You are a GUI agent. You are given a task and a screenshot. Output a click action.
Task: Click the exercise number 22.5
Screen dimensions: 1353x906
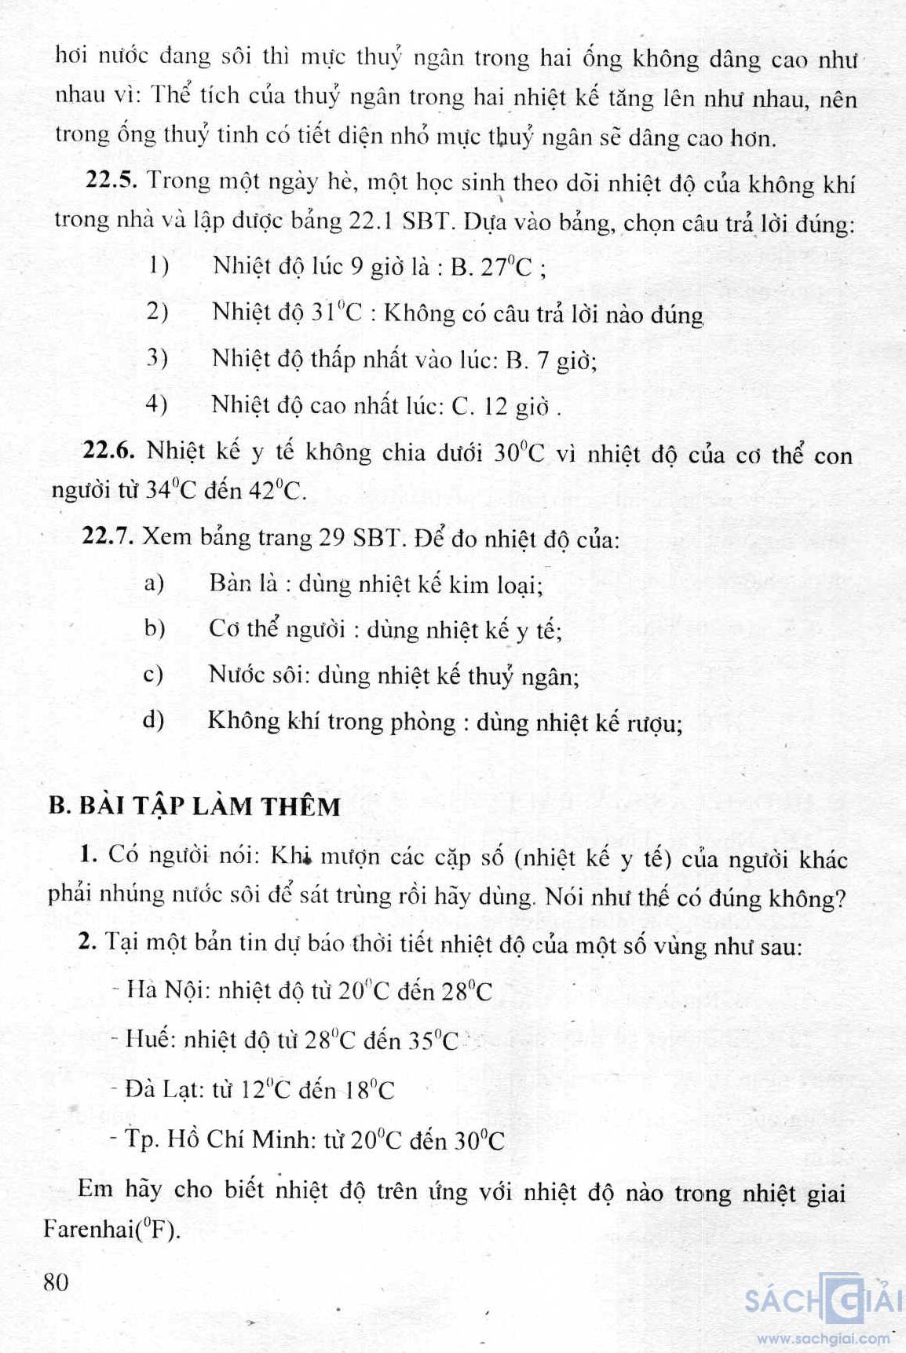coord(111,181)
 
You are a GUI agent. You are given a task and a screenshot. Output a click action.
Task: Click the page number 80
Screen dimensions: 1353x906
coord(56,1282)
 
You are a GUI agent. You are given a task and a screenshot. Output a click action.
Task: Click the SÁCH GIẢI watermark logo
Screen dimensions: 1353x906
coord(822,1300)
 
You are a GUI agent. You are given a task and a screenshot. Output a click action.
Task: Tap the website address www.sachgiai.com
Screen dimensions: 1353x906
coord(823,1338)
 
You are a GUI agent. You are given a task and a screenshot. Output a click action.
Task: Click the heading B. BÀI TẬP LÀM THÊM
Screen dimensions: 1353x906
coord(194,806)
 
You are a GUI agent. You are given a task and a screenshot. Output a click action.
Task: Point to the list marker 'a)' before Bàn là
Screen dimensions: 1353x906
coord(154,583)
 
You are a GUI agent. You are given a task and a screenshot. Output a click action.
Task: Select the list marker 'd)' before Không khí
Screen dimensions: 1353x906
coord(153,719)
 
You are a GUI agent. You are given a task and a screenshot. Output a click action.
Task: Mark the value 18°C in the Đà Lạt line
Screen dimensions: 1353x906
coord(369,1090)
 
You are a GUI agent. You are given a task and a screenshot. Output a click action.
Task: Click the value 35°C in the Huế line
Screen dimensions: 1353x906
coord(433,1040)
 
